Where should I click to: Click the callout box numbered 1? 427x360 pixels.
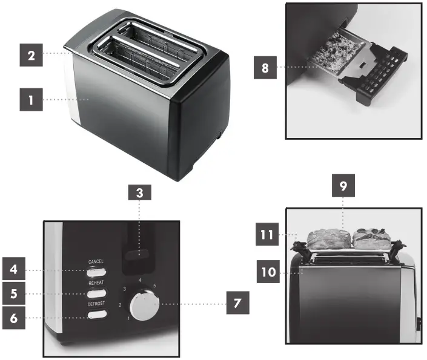tap(31, 99)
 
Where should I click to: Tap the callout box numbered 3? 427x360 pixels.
tap(139, 194)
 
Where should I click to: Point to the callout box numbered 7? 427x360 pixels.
tap(237, 304)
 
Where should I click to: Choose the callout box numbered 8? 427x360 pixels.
tap(265, 68)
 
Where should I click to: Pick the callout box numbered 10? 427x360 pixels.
tap(267, 273)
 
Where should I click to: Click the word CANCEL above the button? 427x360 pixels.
tap(96, 261)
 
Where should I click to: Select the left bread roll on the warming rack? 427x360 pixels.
tap(326, 239)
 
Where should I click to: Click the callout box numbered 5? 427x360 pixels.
tap(13, 293)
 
